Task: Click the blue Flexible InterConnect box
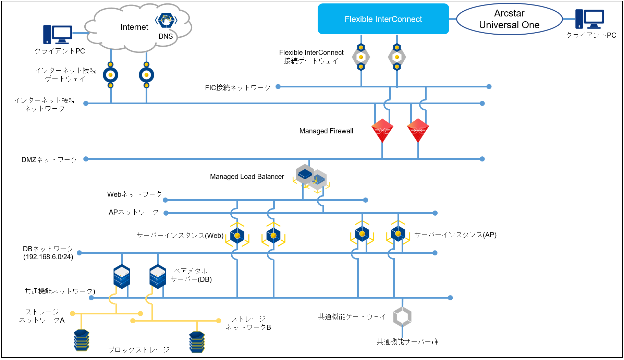click(383, 19)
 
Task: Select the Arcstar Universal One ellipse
click(509, 19)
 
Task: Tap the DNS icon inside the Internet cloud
click(166, 20)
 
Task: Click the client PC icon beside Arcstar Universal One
click(589, 19)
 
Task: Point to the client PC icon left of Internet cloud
click(58, 34)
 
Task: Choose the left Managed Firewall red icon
click(382, 130)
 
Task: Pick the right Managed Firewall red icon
click(418, 130)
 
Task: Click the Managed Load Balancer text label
click(247, 177)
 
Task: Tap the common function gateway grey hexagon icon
click(402, 316)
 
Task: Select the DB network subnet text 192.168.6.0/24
click(48, 257)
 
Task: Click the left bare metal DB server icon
click(122, 276)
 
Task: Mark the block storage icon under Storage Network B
click(197, 341)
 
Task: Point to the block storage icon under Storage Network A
click(82, 340)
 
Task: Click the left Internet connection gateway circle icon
click(110, 75)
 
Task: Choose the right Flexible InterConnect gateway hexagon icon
click(397, 57)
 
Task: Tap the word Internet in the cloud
click(134, 27)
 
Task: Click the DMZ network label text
click(49, 159)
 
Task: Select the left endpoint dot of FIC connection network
click(278, 86)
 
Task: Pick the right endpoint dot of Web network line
click(366, 200)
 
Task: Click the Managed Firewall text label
click(326, 131)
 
